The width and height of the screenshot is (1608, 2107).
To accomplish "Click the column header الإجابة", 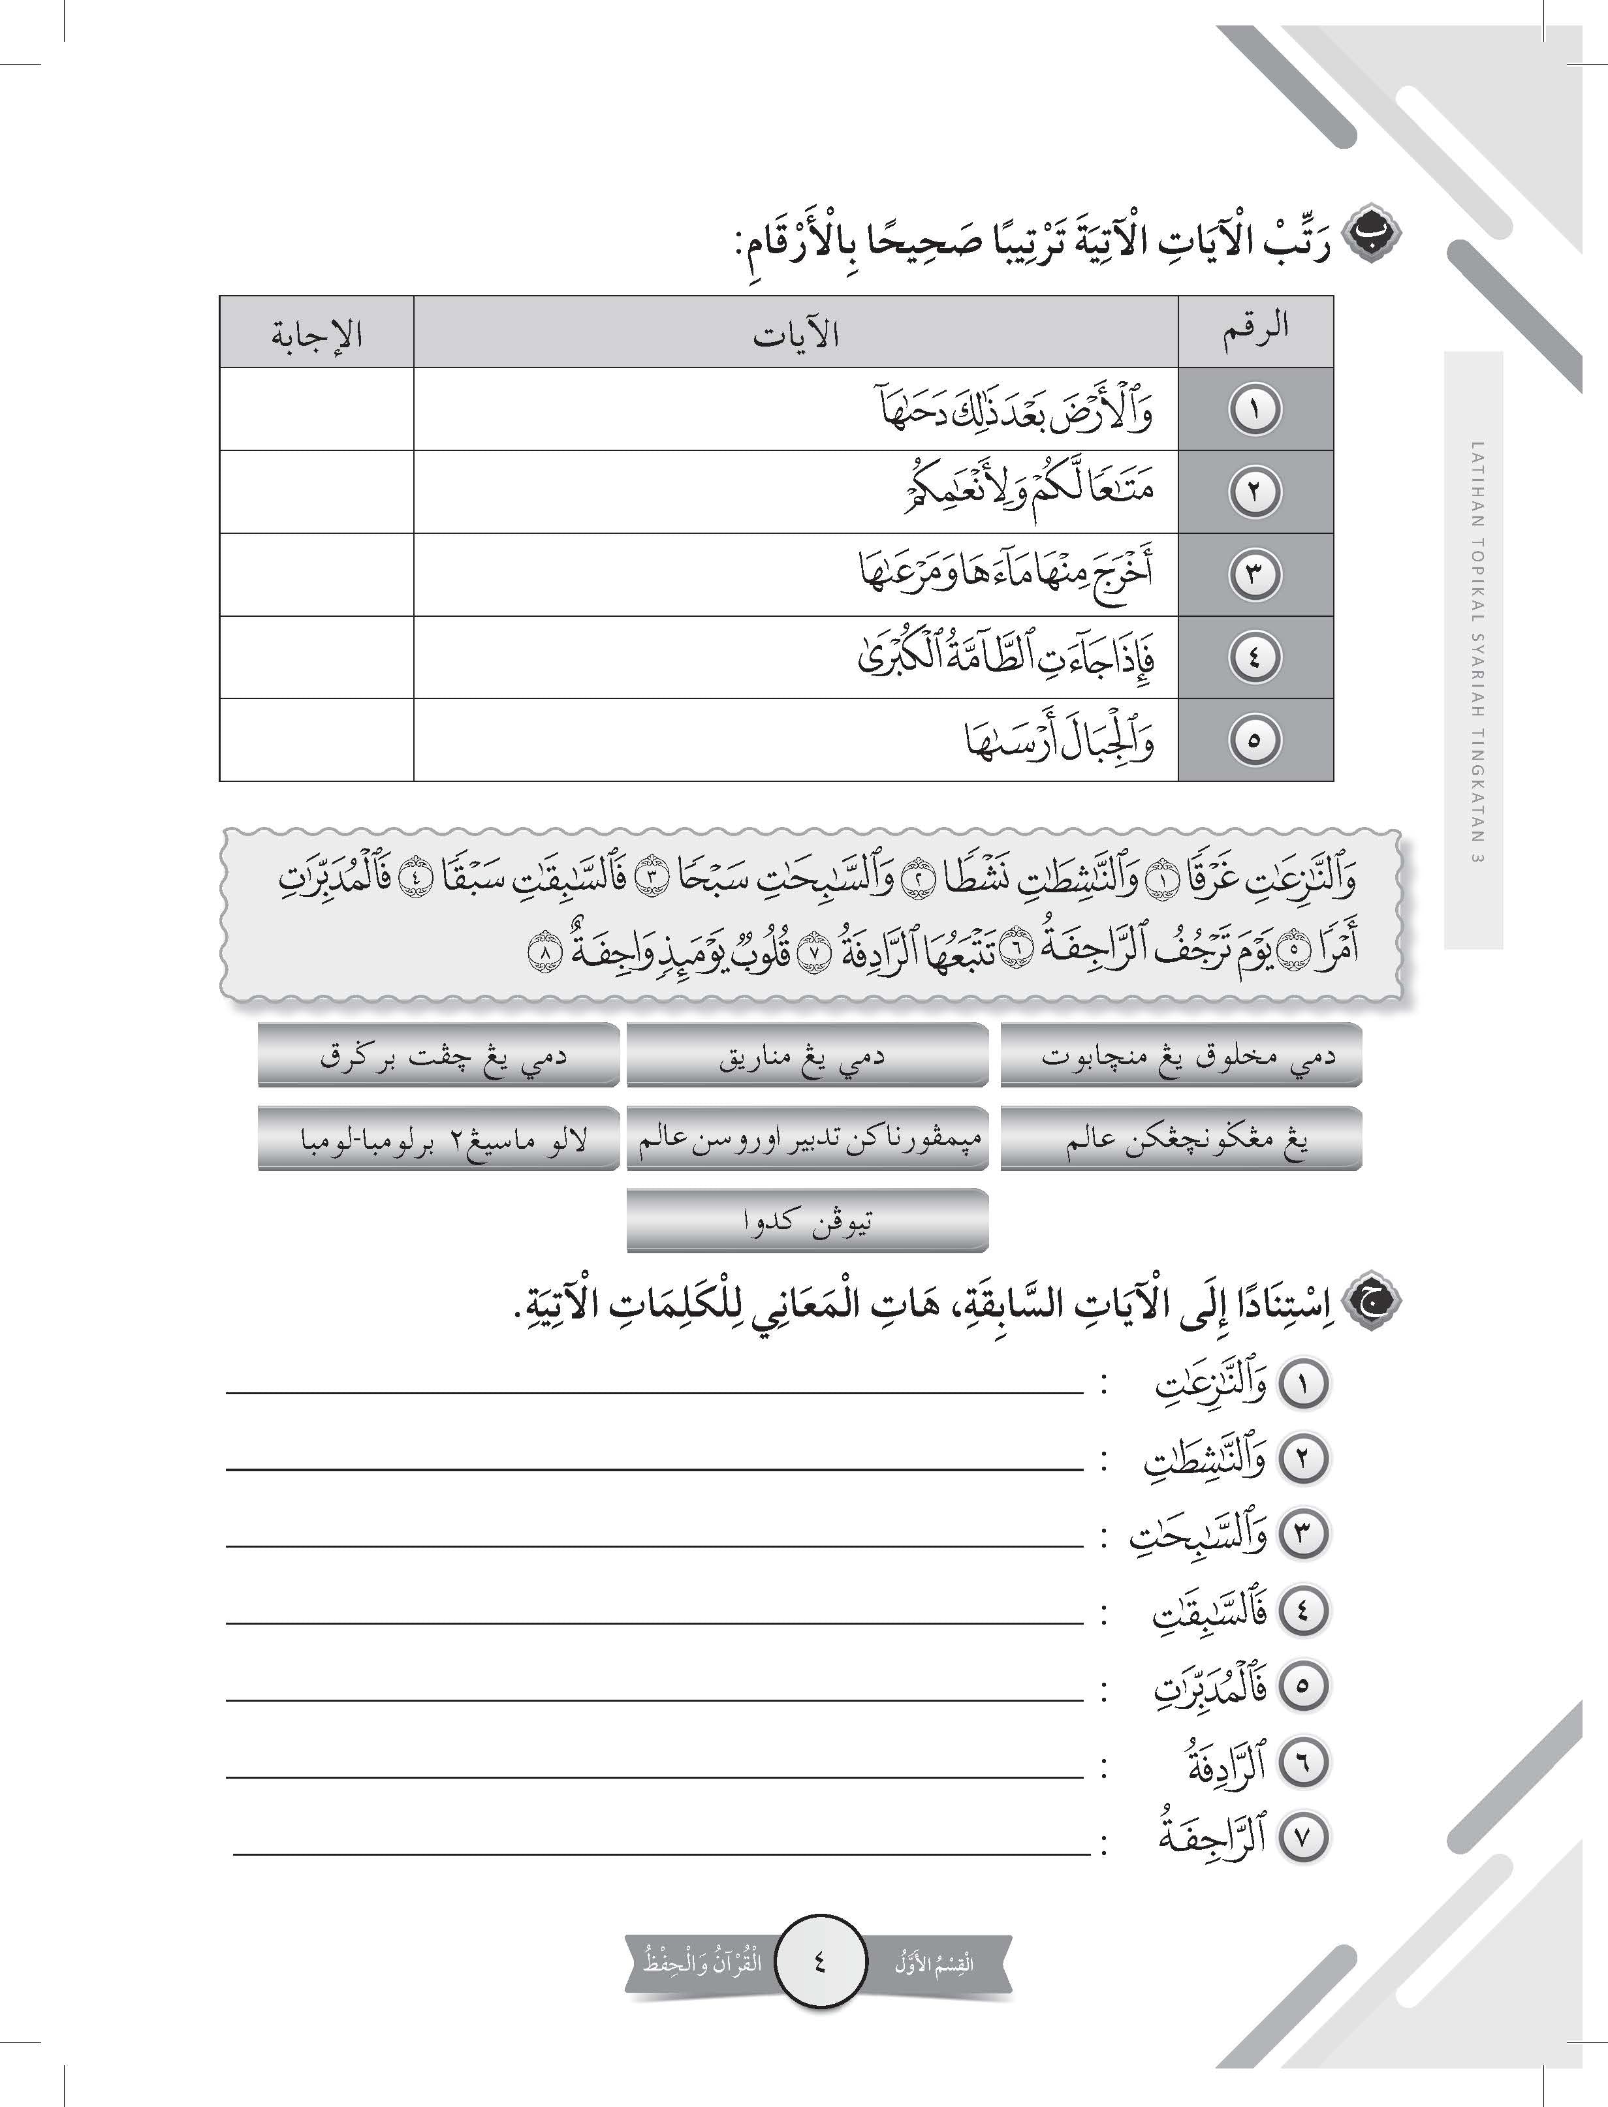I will [x=317, y=334].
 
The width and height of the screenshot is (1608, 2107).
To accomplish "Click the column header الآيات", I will [x=795, y=334].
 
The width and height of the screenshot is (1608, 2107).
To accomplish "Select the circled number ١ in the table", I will [x=1255, y=409].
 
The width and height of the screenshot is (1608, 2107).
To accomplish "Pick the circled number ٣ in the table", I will [x=1255, y=574].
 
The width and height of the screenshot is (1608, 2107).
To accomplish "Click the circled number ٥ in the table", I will [x=1255, y=740].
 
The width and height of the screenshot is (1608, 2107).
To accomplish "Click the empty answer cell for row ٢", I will [x=317, y=492].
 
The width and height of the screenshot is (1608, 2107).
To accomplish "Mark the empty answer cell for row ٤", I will [x=317, y=657].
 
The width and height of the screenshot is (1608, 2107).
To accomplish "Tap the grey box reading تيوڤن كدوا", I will [x=807, y=1222].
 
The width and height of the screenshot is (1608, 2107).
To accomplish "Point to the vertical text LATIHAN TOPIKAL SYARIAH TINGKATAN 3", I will [x=1475, y=651].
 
